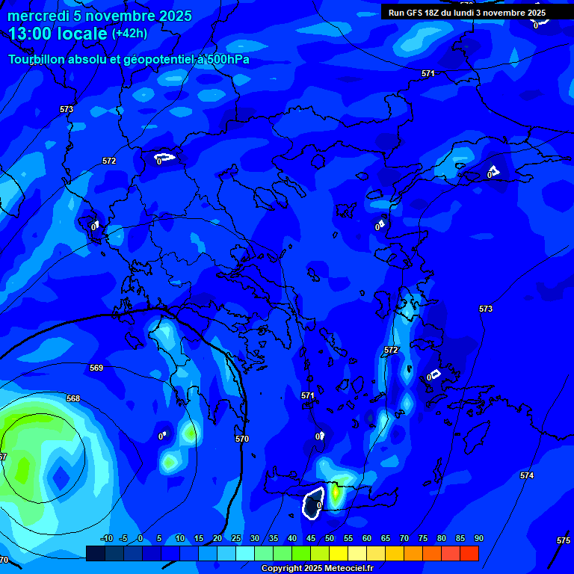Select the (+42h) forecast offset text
[129, 34]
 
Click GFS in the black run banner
[417, 13]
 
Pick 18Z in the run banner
[436, 13]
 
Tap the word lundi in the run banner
[474, 13]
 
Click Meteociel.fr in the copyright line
[345, 569]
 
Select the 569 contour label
[96, 368]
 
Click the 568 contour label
[72, 398]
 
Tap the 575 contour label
[564, 540]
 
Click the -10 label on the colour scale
[107, 538]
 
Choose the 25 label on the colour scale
[235, 538]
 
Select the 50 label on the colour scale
[329, 538]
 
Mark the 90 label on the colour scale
[478, 538]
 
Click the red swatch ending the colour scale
[469, 553]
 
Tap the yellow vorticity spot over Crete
[336, 493]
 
